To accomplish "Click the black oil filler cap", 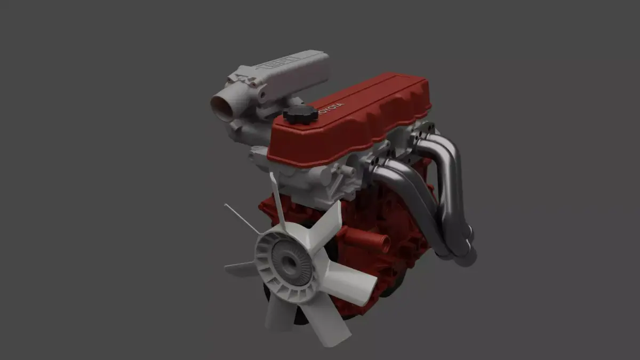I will click(300, 114).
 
